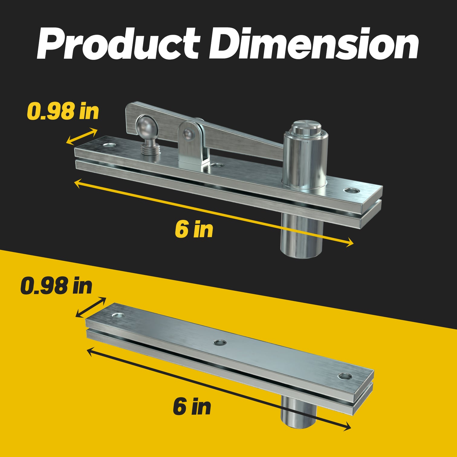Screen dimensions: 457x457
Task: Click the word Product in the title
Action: pyautogui.click(x=118, y=44)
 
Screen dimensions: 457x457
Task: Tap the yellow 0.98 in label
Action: pyautogui.click(x=63, y=111)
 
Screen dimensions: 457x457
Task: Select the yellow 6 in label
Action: pyautogui.click(x=194, y=229)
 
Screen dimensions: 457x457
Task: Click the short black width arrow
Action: pyautogui.click(x=91, y=307)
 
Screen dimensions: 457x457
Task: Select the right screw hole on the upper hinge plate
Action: pyautogui.click(x=351, y=191)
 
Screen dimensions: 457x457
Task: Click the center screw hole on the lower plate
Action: pyautogui.click(x=220, y=342)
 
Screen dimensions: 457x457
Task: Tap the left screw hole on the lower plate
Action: pyautogui.click(x=118, y=315)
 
